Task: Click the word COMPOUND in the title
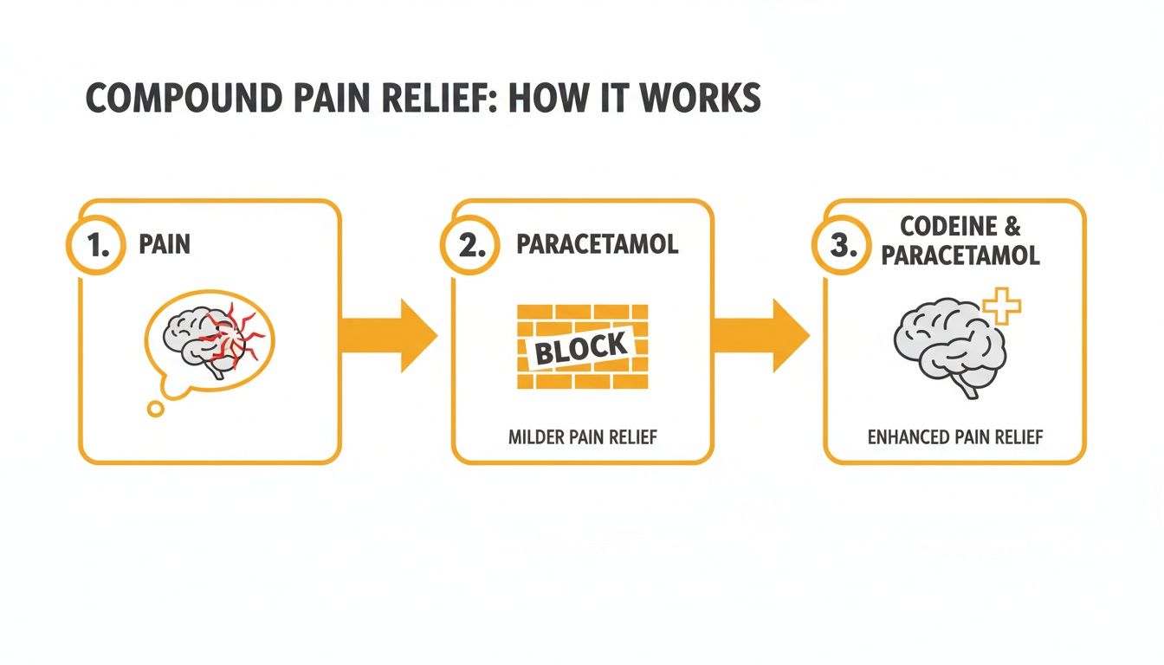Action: point(177,99)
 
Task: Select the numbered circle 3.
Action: point(840,245)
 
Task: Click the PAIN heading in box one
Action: point(164,244)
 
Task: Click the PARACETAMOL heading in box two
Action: point(597,244)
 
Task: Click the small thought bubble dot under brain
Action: point(155,409)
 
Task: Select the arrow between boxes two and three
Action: point(760,336)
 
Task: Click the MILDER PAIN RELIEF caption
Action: point(582,437)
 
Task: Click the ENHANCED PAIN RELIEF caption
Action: point(954,437)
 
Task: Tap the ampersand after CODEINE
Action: point(1012,227)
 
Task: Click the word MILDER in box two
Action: point(536,437)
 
